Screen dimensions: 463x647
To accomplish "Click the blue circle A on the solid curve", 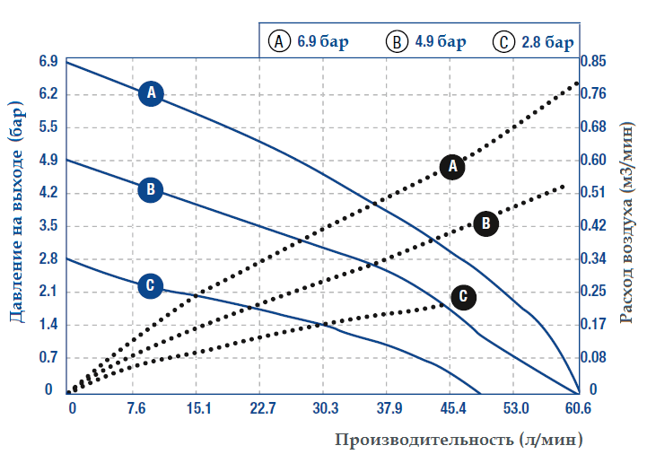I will pos(152,92).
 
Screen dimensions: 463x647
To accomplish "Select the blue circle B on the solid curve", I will pos(151,189).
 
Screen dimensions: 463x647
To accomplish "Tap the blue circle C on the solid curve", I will pos(151,285).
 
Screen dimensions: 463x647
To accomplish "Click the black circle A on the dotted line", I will pos(453,166).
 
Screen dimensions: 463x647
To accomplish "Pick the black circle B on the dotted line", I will pos(485,223).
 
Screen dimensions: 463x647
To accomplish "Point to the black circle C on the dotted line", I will pos(464,296).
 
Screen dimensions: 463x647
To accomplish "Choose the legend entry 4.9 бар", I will pos(427,42).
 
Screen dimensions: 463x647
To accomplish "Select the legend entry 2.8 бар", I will pos(535,42).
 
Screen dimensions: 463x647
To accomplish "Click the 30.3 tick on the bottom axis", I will pos(326,409).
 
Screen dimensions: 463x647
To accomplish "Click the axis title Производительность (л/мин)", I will pos(459,441).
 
